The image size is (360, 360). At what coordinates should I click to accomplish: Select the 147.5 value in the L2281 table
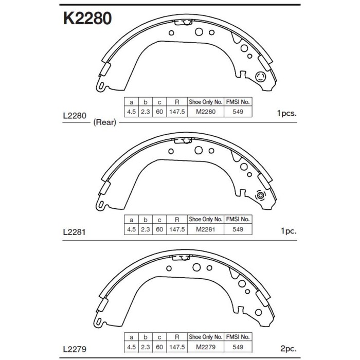176,230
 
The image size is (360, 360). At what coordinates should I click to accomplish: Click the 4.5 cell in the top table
131,112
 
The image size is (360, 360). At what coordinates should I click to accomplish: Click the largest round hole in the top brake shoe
199,32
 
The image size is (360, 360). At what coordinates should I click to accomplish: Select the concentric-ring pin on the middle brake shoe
260,196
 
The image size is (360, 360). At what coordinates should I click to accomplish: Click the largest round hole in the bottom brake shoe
196,268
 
